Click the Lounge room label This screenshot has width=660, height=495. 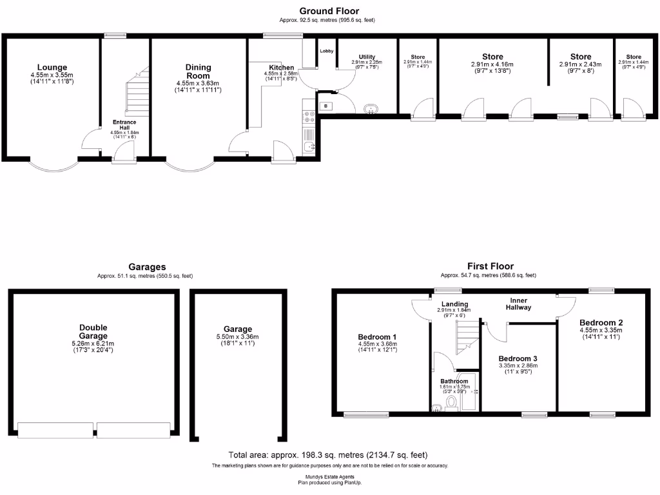52,68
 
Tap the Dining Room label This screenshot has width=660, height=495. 198,72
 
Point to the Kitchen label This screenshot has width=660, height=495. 282,68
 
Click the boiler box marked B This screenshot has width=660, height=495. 325,106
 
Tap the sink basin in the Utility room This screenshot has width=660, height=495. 372,110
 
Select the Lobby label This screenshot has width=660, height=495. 327,51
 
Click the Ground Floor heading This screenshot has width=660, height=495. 329,11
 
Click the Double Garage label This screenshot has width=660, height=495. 93,331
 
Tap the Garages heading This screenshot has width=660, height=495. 147,267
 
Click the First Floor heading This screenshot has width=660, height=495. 490,266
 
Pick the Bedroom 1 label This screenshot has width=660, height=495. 377,337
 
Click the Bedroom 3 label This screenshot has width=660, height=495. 518,358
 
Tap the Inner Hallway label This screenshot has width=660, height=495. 520,304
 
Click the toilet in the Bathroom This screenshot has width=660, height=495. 451,403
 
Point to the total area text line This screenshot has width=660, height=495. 328,454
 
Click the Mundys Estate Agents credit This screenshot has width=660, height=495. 329,476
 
